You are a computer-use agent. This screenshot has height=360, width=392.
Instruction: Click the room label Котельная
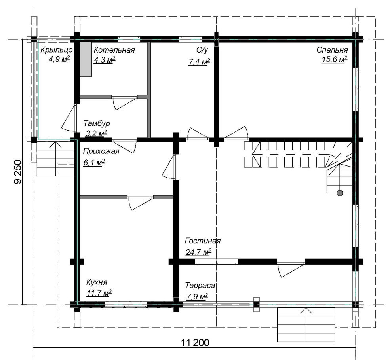(114, 50)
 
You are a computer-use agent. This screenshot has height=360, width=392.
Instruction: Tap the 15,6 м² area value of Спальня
(334, 59)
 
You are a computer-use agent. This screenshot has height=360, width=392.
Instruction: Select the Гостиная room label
(203, 241)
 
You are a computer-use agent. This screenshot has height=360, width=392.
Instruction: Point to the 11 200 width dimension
(195, 343)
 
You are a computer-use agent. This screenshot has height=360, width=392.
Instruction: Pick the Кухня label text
(97, 282)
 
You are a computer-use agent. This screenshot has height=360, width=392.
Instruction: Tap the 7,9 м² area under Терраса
(197, 297)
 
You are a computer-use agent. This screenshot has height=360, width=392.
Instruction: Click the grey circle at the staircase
(340, 193)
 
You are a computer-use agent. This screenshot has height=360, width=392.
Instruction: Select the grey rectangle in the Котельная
(86, 59)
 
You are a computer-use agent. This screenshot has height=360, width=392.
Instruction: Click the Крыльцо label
(57, 50)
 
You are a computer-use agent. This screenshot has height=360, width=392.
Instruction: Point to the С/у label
(202, 50)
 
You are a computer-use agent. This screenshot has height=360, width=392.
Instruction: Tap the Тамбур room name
(97, 123)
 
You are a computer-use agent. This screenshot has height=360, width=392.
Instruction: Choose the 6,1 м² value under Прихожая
(94, 163)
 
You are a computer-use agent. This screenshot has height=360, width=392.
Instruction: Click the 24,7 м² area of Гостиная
(198, 252)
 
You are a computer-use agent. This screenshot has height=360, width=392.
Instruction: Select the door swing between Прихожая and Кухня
(141, 203)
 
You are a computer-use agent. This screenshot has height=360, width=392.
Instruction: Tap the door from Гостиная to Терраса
(291, 269)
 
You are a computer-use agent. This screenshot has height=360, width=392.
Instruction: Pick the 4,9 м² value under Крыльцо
(59, 59)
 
